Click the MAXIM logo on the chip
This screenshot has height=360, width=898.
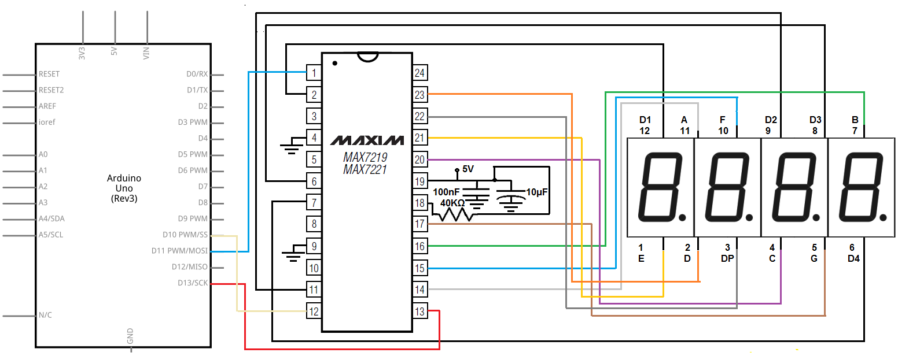point(367,140)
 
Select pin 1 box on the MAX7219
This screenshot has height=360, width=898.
point(314,73)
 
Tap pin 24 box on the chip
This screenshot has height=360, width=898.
point(420,73)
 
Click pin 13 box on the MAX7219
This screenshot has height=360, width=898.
point(420,311)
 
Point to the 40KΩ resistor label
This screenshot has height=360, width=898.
point(452,203)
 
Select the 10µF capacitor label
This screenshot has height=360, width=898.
point(538,191)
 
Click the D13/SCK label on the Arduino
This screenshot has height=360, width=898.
point(192,283)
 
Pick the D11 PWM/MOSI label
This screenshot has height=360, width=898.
point(179,251)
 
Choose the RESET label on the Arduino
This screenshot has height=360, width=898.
point(49,74)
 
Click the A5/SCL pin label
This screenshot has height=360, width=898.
point(51,235)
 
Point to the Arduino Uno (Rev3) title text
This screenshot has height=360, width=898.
point(124,188)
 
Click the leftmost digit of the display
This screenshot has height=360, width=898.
point(660,188)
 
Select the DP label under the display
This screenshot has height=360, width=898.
point(727,258)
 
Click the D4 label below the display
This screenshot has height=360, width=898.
point(853,258)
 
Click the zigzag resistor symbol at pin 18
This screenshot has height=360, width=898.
point(456,214)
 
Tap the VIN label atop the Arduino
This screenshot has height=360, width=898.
point(146,53)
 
